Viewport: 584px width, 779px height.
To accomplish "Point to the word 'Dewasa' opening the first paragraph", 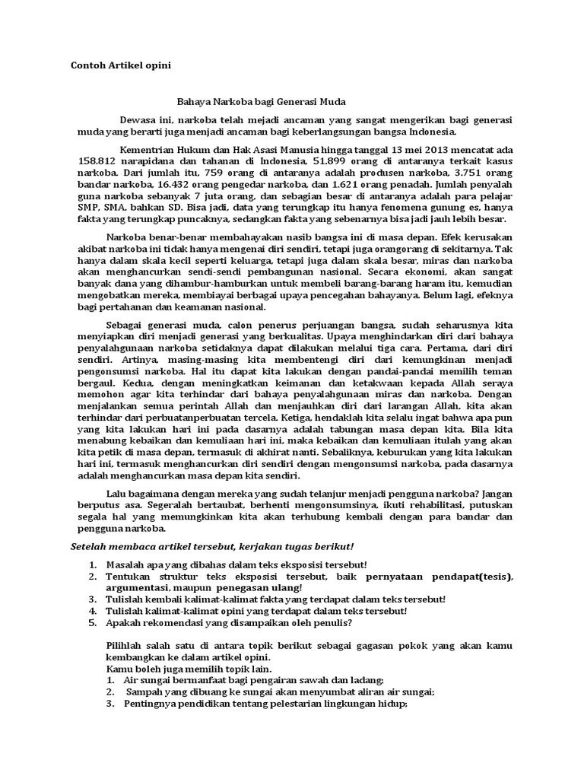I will tap(139, 120).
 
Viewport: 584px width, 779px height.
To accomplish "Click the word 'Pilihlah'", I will tap(125, 645).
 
